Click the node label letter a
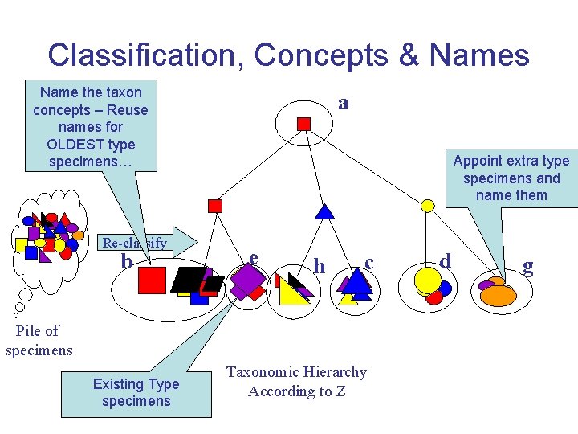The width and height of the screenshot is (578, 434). pos(344,103)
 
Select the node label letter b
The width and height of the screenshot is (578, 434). pos(126,262)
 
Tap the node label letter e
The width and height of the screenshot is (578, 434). pos(253,257)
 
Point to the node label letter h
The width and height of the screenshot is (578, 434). pos(320,265)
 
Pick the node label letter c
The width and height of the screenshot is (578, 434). pos(368,262)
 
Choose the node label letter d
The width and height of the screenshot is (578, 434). pos(446,260)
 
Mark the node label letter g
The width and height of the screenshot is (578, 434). pos(527,267)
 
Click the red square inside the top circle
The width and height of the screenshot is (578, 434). pos(304,123)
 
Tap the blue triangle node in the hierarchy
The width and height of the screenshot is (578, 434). pos(324,211)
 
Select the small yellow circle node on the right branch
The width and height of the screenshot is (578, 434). pos(428,206)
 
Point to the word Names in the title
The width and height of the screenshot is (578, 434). pos(479,55)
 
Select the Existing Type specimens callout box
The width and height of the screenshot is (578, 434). pos(136,392)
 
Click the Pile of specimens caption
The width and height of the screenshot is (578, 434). pos(39,340)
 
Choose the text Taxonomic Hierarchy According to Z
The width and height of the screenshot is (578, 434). pos(296,382)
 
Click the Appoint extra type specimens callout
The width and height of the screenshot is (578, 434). pos(511,178)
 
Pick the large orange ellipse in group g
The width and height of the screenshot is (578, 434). pos(498,295)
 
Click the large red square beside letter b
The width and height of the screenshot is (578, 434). pos(152,280)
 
